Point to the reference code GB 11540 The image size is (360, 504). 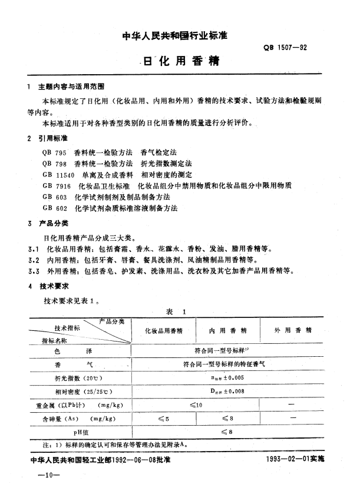coord(57,175)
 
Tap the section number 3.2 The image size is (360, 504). coord(34,259)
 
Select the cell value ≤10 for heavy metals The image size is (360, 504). coord(196,404)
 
